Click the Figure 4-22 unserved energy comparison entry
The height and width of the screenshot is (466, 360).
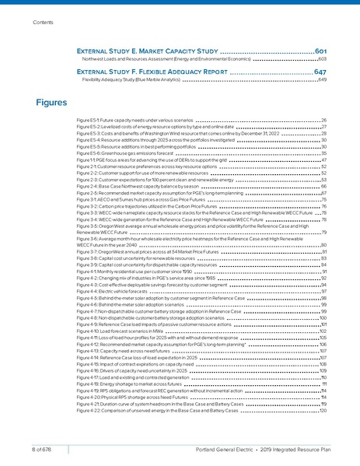(166, 410)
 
